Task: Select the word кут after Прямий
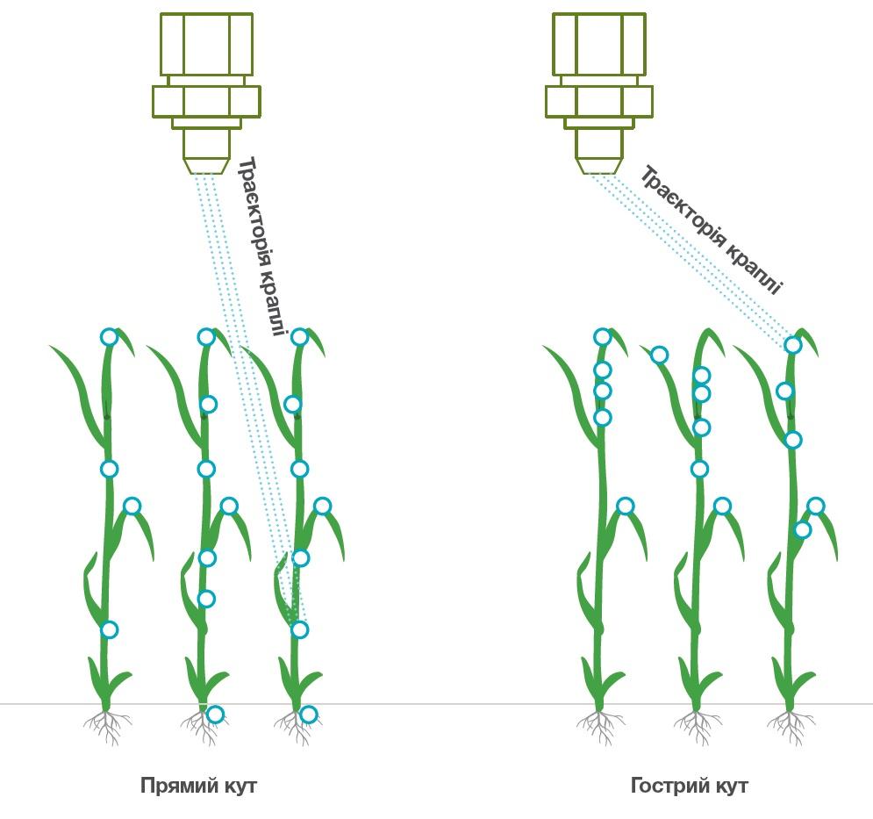pyautogui.click(x=240, y=787)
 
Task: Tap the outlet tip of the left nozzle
pyautogui.click(x=206, y=166)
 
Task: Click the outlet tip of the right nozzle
pyautogui.click(x=599, y=166)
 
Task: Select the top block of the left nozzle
pyautogui.click(x=206, y=44)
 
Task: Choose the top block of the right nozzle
pyautogui.click(x=599, y=44)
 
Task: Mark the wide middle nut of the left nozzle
pyautogui.click(x=206, y=102)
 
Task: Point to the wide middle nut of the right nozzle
pyautogui.click(x=599, y=102)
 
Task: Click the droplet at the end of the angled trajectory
pyautogui.click(x=793, y=346)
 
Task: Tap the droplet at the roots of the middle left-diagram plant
pyautogui.click(x=215, y=715)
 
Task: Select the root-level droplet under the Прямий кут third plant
pyautogui.click(x=309, y=715)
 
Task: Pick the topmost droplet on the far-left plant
pyautogui.click(x=109, y=337)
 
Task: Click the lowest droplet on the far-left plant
pyautogui.click(x=109, y=630)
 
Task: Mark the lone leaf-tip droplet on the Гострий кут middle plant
pyautogui.click(x=659, y=355)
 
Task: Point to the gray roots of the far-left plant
pyautogui.click(x=107, y=726)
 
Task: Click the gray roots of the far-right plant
pyautogui.click(x=791, y=726)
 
